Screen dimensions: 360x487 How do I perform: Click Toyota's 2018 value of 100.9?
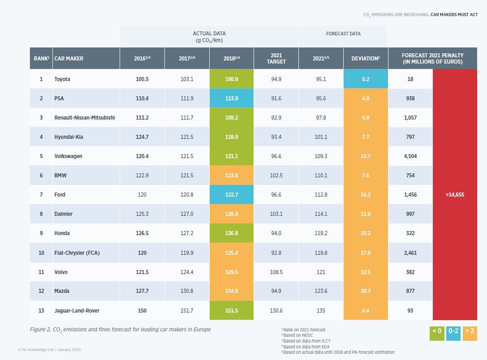[x=231, y=79]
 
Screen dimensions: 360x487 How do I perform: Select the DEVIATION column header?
[x=366, y=59]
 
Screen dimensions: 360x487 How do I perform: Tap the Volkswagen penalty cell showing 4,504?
[x=410, y=156]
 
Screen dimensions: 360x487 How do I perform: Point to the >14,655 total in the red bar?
[x=455, y=195]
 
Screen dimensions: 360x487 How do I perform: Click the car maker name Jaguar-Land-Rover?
[x=77, y=311]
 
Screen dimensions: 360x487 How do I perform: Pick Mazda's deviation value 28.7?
[x=366, y=291]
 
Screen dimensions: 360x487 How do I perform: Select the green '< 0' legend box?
[x=436, y=331]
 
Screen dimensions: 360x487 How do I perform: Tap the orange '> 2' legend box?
[x=470, y=331]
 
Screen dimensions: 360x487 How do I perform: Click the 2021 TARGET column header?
[x=276, y=59]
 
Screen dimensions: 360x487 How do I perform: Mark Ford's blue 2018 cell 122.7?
[x=231, y=195]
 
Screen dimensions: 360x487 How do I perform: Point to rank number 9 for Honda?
[x=41, y=233]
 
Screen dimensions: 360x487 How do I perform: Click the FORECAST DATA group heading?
[x=343, y=34]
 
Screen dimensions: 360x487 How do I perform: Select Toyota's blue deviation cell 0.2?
[x=366, y=79]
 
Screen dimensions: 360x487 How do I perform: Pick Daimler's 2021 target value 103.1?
[x=276, y=214]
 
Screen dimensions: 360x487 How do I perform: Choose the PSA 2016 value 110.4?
[x=142, y=99]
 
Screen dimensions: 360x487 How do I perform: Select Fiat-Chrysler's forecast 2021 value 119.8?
[x=321, y=253]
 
